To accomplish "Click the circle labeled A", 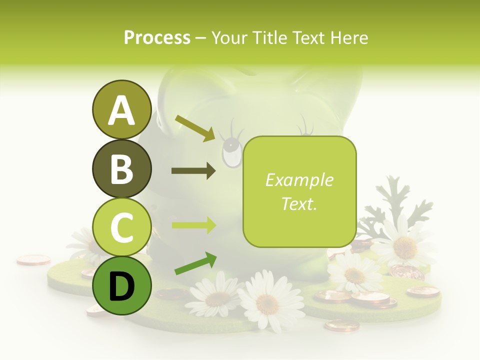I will [121, 109].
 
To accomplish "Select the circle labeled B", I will [121, 168].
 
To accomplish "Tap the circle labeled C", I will [121, 227].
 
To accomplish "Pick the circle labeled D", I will [121, 285].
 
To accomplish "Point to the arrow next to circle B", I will [193, 171].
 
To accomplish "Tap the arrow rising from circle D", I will [195, 263].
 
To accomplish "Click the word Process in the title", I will [157, 37].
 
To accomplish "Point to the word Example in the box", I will [299, 180].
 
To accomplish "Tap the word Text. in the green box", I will [299, 203].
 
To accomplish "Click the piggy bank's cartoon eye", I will [231, 152].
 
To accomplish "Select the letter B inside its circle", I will [121, 169].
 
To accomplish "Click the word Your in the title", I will [228, 37].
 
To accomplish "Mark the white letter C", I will [121, 227].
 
